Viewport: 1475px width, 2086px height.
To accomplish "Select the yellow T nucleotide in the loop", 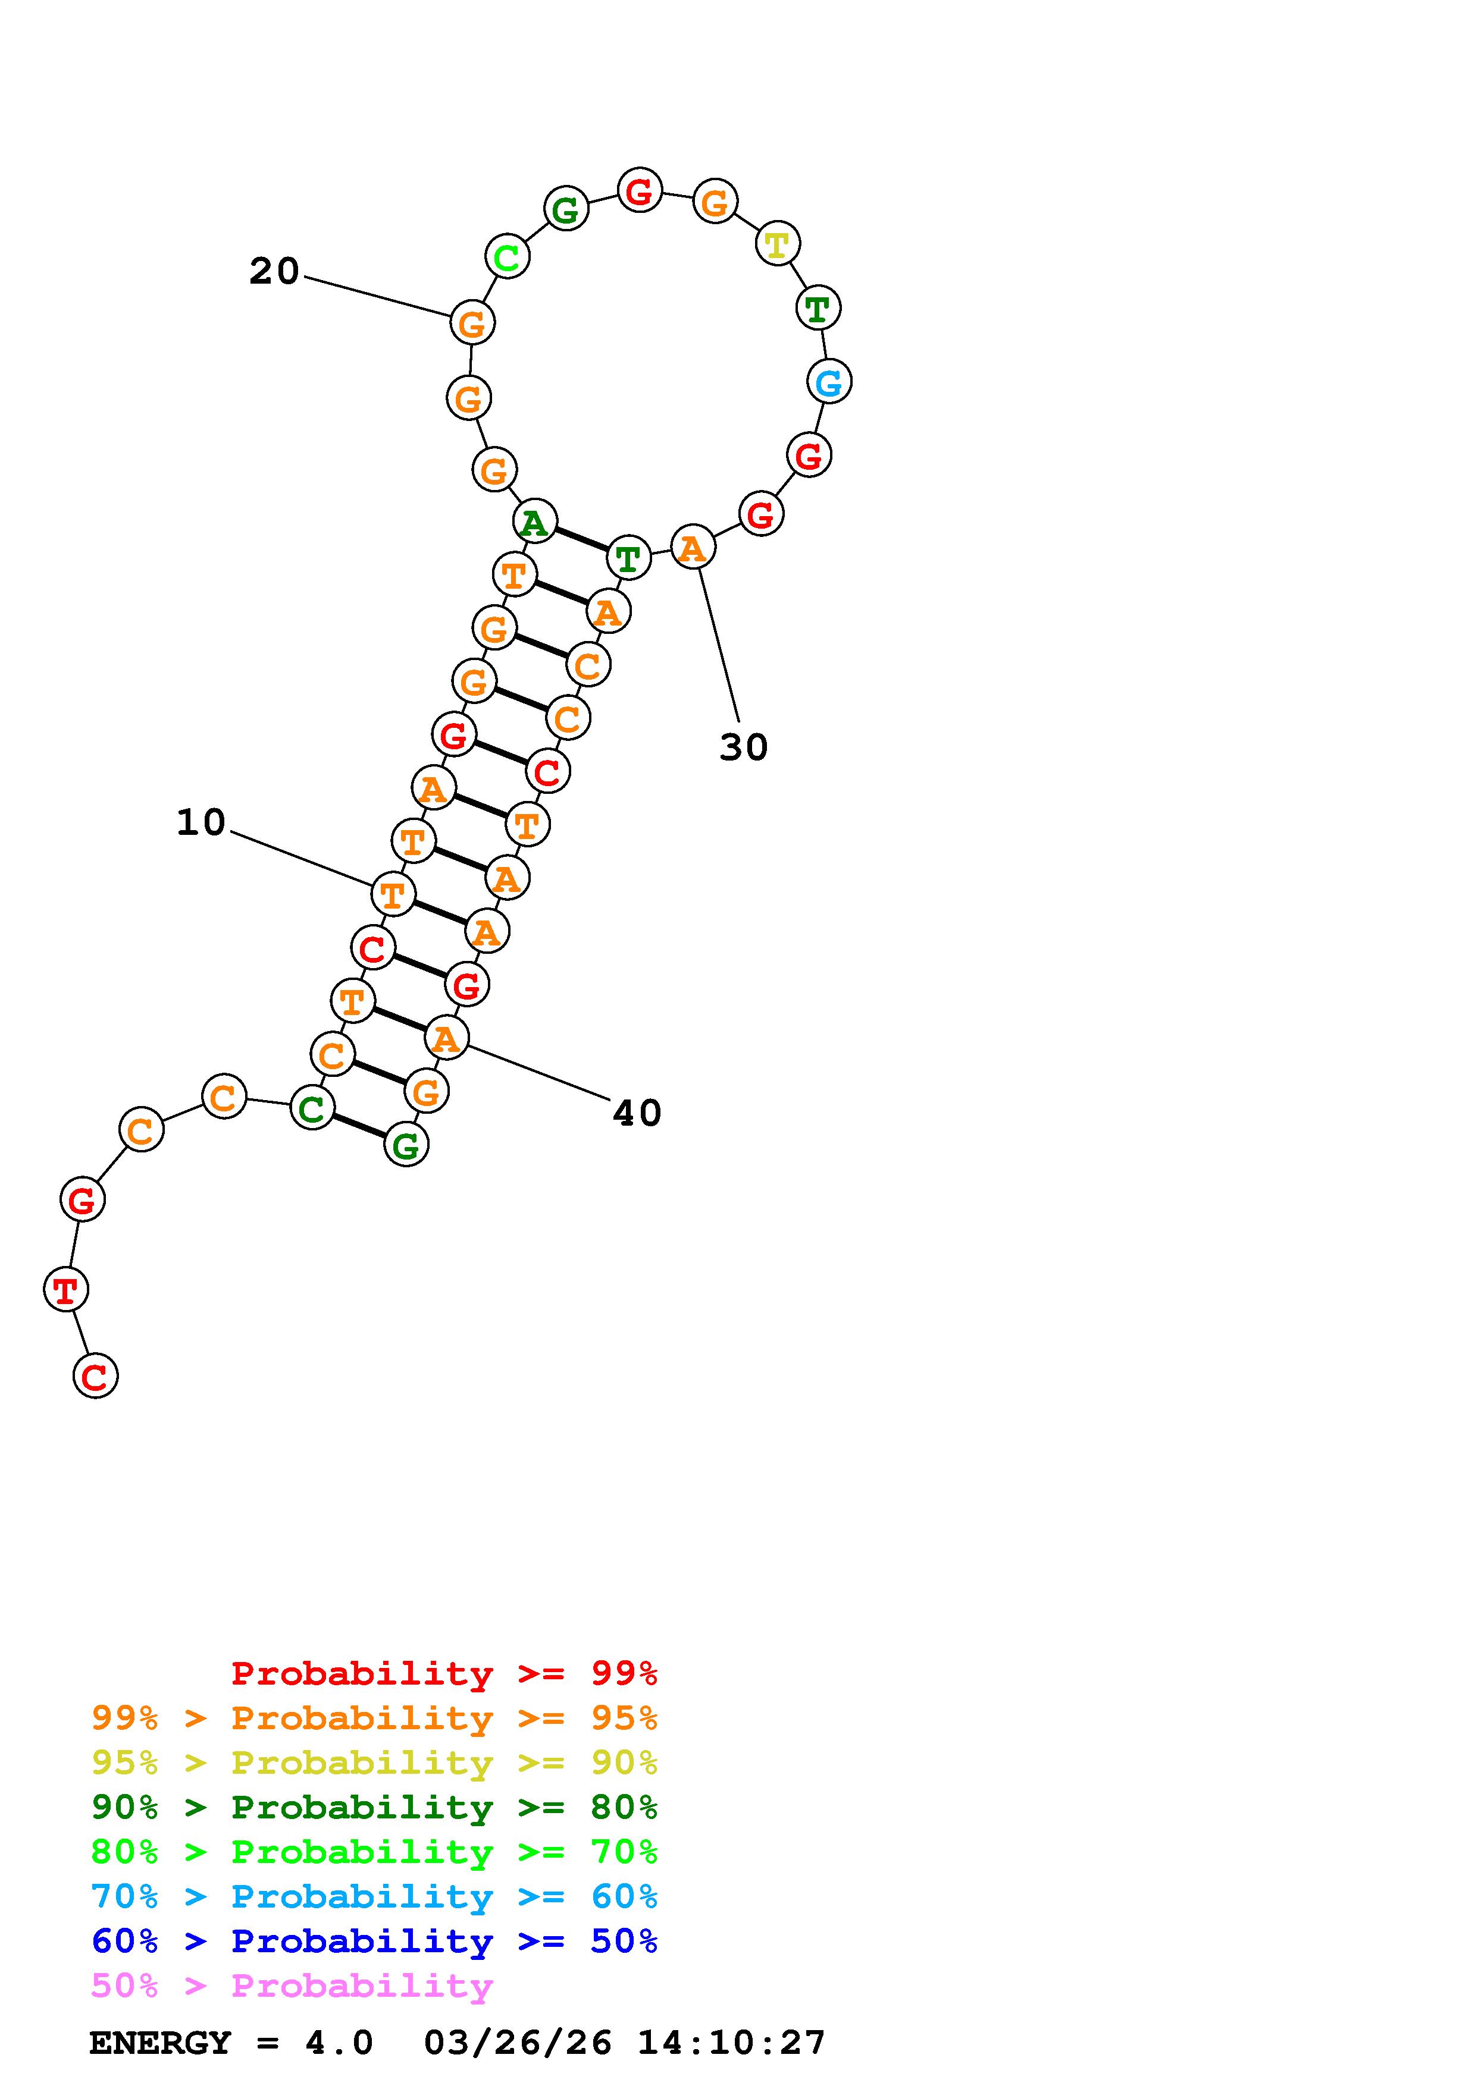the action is pos(777,243).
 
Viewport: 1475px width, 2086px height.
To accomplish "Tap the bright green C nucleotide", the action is pos(507,256).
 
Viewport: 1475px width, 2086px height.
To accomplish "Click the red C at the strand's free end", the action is pos(95,1375).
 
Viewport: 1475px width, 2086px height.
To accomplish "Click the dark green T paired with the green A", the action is pos(628,557).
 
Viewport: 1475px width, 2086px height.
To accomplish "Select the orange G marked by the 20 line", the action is pos(472,322).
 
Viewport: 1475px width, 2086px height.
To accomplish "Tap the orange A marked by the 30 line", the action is pos(693,547).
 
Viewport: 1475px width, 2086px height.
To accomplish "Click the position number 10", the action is pos(201,822).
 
